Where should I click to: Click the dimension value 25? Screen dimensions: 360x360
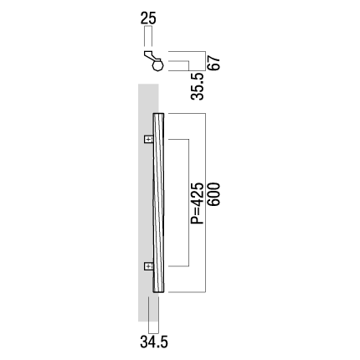148,18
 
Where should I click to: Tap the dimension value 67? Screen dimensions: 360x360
214,63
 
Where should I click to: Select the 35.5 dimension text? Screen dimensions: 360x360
198,86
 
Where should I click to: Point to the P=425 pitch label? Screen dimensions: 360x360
198,203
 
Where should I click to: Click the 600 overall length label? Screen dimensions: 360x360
214,194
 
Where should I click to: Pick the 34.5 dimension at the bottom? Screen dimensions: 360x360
154,342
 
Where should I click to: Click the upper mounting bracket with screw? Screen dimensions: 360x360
149,139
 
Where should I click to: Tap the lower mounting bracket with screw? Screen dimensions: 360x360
149,266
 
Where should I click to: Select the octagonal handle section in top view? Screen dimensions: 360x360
158,66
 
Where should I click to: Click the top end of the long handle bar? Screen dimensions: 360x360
158,114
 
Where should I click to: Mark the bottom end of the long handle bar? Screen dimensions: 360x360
158,292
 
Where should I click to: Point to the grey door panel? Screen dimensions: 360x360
148,203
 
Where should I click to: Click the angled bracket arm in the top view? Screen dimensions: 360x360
152,55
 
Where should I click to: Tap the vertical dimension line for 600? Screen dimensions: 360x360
206,203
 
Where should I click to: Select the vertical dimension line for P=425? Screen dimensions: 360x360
189,203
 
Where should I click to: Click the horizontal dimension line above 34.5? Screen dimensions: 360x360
153,333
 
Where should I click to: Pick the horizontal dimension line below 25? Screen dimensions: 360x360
148,26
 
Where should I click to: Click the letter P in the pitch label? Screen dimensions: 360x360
198,220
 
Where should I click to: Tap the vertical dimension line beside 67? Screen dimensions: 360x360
206,61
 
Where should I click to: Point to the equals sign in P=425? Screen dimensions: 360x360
198,211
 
